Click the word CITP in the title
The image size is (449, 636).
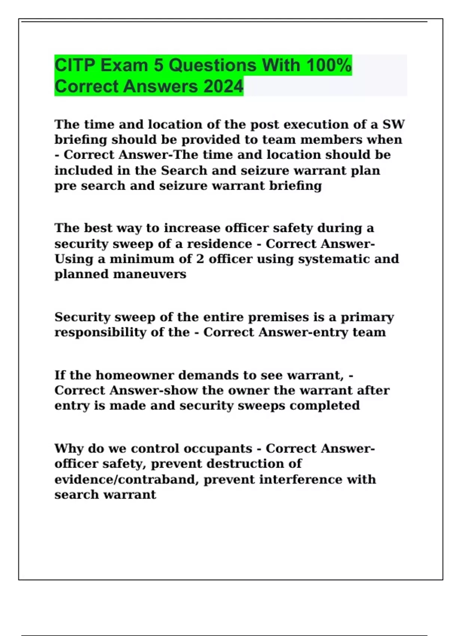(x=75, y=65)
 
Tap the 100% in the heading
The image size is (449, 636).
(x=329, y=65)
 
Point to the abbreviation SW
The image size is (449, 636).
(x=393, y=124)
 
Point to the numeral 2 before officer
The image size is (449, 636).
(x=200, y=259)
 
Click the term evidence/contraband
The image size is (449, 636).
(x=126, y=480)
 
